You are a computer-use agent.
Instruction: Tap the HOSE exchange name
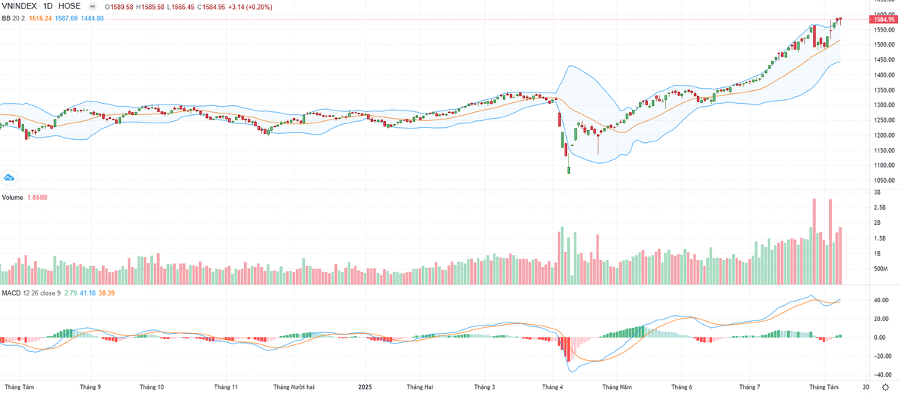[x=82, y=7]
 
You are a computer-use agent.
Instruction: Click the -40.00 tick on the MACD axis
[x=879, y=373]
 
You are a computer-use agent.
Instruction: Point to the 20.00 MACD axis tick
[x=878, y=318]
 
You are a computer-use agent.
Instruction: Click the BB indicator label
[x=6, y=18]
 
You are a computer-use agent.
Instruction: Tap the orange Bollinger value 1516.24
[x=41, y=18]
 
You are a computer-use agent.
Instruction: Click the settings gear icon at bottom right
[x=886, y=386]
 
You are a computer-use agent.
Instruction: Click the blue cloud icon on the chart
[x=9, y=177]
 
